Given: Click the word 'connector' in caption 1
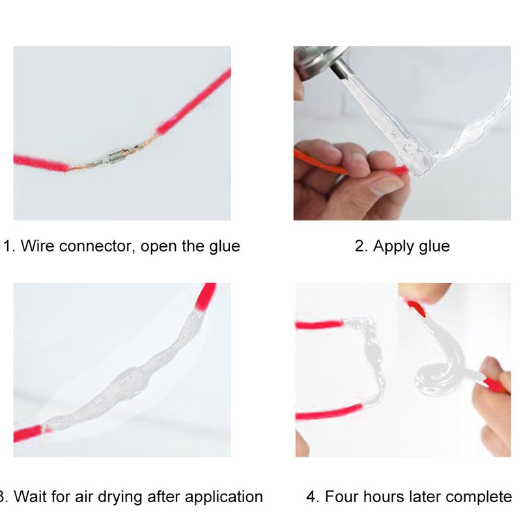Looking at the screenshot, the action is point(97,246).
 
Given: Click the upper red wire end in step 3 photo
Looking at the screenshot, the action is point(206,296).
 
